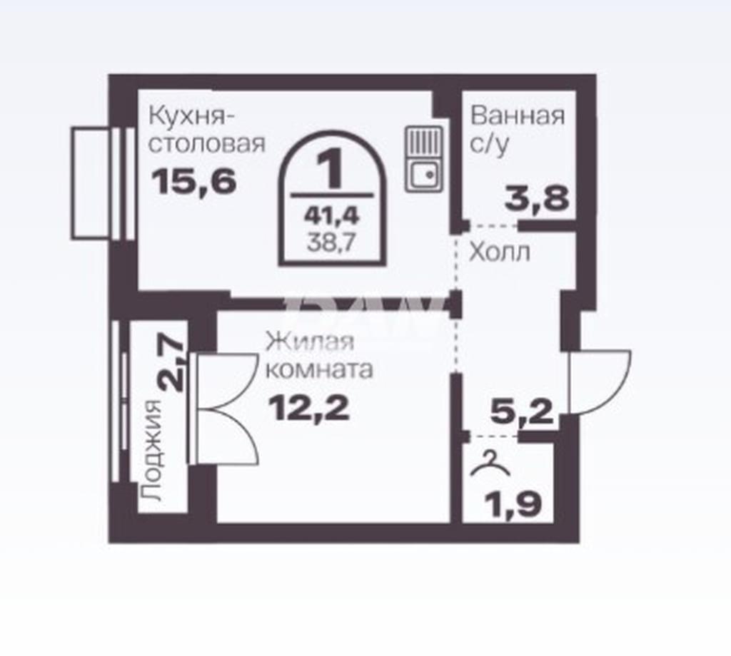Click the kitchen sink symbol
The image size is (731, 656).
[423, 159]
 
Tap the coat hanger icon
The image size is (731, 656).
[490, 463]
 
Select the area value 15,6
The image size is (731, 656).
[194, 182]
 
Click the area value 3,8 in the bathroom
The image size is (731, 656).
[537, 199]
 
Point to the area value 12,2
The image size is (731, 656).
[308, 408]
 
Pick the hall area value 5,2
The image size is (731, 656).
[522, 411]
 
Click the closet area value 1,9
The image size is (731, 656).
[513, 503]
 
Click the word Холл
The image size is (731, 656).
[499, 253]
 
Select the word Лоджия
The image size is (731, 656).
[151, 450]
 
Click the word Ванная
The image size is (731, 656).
[517, 116]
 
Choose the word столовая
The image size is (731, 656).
[206, 144]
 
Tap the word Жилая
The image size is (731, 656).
[310, 342]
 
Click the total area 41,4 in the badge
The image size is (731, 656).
[331, 215]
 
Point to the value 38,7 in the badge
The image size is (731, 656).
[331, 242]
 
